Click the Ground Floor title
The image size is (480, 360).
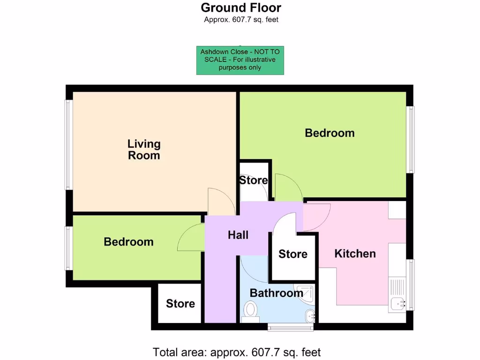point(241,7)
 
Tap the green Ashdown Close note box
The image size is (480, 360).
point(240,60)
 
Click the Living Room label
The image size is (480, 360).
point(144,150)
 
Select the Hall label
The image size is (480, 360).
point(238,235)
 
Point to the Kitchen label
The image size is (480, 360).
point(355,254)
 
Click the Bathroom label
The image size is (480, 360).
point(276,293)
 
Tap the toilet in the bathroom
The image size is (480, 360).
point(251,311)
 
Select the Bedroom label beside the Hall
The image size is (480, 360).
point(128,242)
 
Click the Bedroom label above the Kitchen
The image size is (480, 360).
point(330,133)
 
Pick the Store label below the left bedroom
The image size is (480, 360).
point(180,304)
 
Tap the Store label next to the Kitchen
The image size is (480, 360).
point(293,254)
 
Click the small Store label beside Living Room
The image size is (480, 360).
point(254,180)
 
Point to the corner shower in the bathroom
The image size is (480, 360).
point(305,292)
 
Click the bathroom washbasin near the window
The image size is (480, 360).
point(310,315)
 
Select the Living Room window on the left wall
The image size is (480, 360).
point(68,145)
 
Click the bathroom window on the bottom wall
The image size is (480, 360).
point(290,327)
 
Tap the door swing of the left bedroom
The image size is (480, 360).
point(190,238)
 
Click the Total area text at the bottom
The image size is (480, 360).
point(237,352)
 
